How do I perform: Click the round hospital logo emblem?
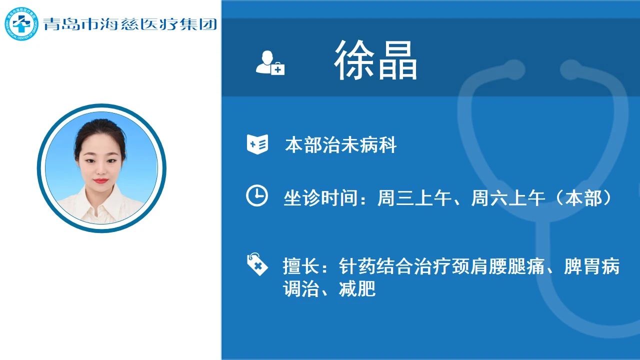[21, 23]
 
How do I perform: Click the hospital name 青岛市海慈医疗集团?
[130, 24]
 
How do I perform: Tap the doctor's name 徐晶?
[375, 60]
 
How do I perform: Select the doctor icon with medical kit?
[270, 63]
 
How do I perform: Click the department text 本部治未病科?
[340, 145]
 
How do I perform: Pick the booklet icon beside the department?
[257, 144]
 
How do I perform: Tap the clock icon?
[257, 195]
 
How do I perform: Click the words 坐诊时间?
[320, 197]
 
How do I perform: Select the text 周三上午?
[414, 197]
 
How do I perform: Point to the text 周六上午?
[508, 197]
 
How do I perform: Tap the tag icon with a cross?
[257, 264]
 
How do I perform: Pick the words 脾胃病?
[592, 266]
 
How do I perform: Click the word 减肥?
[357, 288]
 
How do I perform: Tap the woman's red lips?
[101, 181]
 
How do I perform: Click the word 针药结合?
[376, 266]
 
